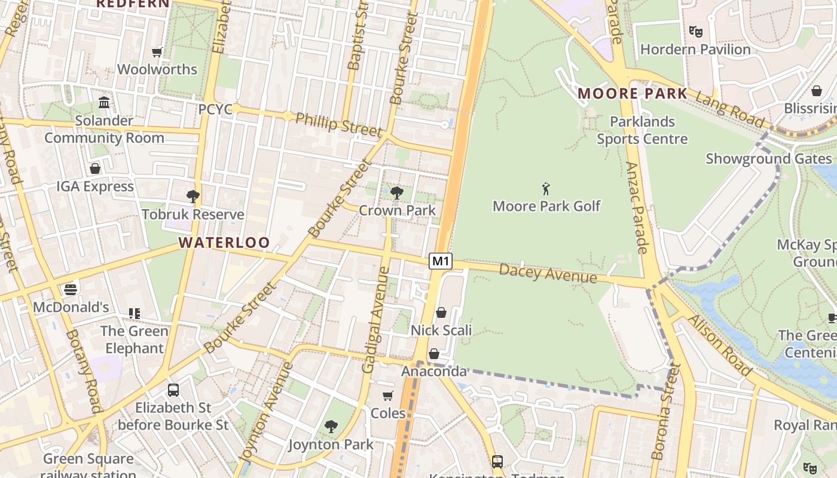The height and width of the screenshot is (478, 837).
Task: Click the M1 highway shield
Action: tap(440, 261)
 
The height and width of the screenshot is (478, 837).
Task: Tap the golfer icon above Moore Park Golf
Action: tap(545, 189)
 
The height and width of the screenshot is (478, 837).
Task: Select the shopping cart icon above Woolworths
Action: tap(157, 52)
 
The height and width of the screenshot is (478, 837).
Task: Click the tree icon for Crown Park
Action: tap(396, 192)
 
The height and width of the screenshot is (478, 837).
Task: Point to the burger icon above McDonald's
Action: tap(71, 290)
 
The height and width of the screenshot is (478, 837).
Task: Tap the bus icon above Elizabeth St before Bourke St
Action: tap(173, 390)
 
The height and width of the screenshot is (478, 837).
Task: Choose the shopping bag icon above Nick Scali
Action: tap(441, 312)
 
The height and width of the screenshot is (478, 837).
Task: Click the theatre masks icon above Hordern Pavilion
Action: tap(695, 31)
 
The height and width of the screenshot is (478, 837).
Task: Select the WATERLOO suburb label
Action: tap(224, 243)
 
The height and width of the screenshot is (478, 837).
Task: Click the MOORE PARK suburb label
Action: tap(633, 94)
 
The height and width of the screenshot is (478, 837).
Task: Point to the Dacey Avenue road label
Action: tap(548, 274)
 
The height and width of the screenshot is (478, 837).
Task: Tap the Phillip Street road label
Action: tap(338, 123)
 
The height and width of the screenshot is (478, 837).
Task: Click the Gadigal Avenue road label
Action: tap(376, 320)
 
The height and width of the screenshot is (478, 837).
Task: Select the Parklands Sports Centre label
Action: tap(642, 130)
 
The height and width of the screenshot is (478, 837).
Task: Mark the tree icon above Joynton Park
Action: tap(331, 427)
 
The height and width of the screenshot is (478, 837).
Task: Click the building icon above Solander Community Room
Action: tap(104, 102)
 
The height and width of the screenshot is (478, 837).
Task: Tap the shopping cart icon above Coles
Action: tap(388, 396)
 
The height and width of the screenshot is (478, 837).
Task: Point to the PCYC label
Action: tap(215, 110)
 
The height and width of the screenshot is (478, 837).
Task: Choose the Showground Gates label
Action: tap(768, 159)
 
